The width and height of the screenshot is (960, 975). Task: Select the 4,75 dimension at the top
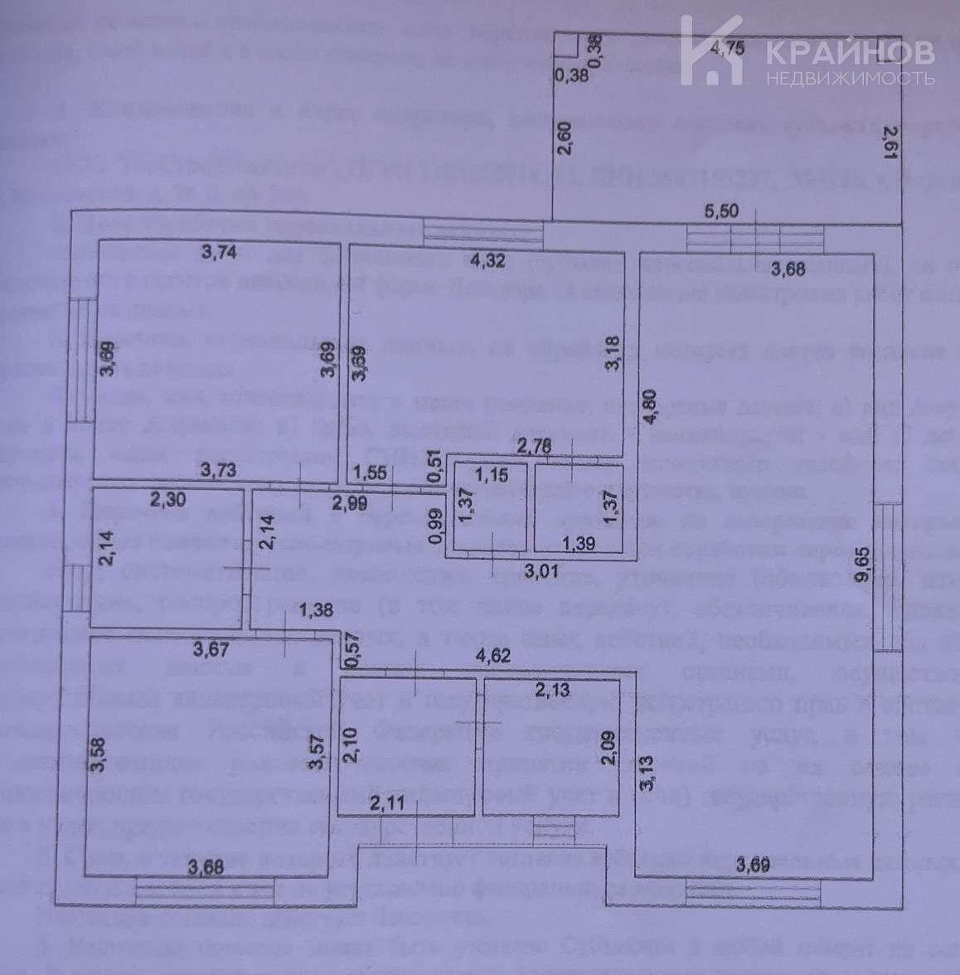728,47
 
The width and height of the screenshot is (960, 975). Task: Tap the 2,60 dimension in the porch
565,138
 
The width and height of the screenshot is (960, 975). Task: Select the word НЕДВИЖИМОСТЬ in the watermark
851,79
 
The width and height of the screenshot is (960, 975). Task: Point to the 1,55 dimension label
371,473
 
